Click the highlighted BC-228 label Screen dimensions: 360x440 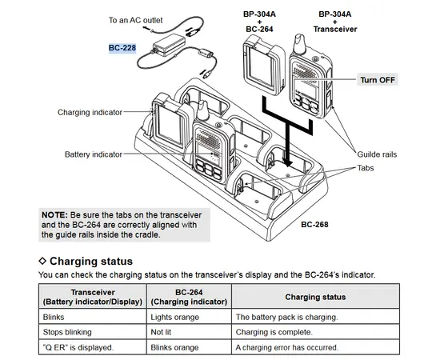122,48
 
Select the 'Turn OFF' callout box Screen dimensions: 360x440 378,80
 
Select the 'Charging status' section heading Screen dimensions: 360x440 90,261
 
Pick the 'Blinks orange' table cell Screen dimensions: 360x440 175,348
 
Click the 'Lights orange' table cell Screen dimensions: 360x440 177,317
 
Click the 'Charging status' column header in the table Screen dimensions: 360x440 315,297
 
